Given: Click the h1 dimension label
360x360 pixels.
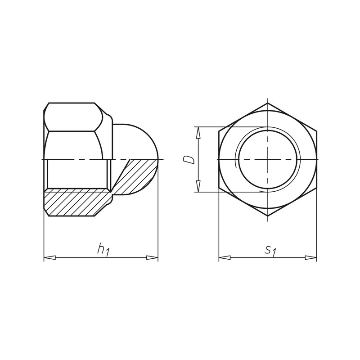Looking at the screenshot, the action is point(104,250).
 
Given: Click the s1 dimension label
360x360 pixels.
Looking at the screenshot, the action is point(270,251).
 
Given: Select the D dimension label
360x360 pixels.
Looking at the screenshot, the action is point(189,160).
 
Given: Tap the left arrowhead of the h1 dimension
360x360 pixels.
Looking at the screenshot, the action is point(49,257).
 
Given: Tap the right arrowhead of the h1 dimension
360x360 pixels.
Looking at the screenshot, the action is point(152,257).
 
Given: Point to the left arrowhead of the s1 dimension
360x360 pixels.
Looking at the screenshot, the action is point(225,257).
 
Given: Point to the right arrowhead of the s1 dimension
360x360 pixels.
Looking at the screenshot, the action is point(311,257).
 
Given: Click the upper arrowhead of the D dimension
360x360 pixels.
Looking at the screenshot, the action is point(198,133).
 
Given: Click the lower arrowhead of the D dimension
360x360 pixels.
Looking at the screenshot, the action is point(198,186).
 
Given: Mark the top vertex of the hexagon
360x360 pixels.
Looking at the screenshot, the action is point(268,103).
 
